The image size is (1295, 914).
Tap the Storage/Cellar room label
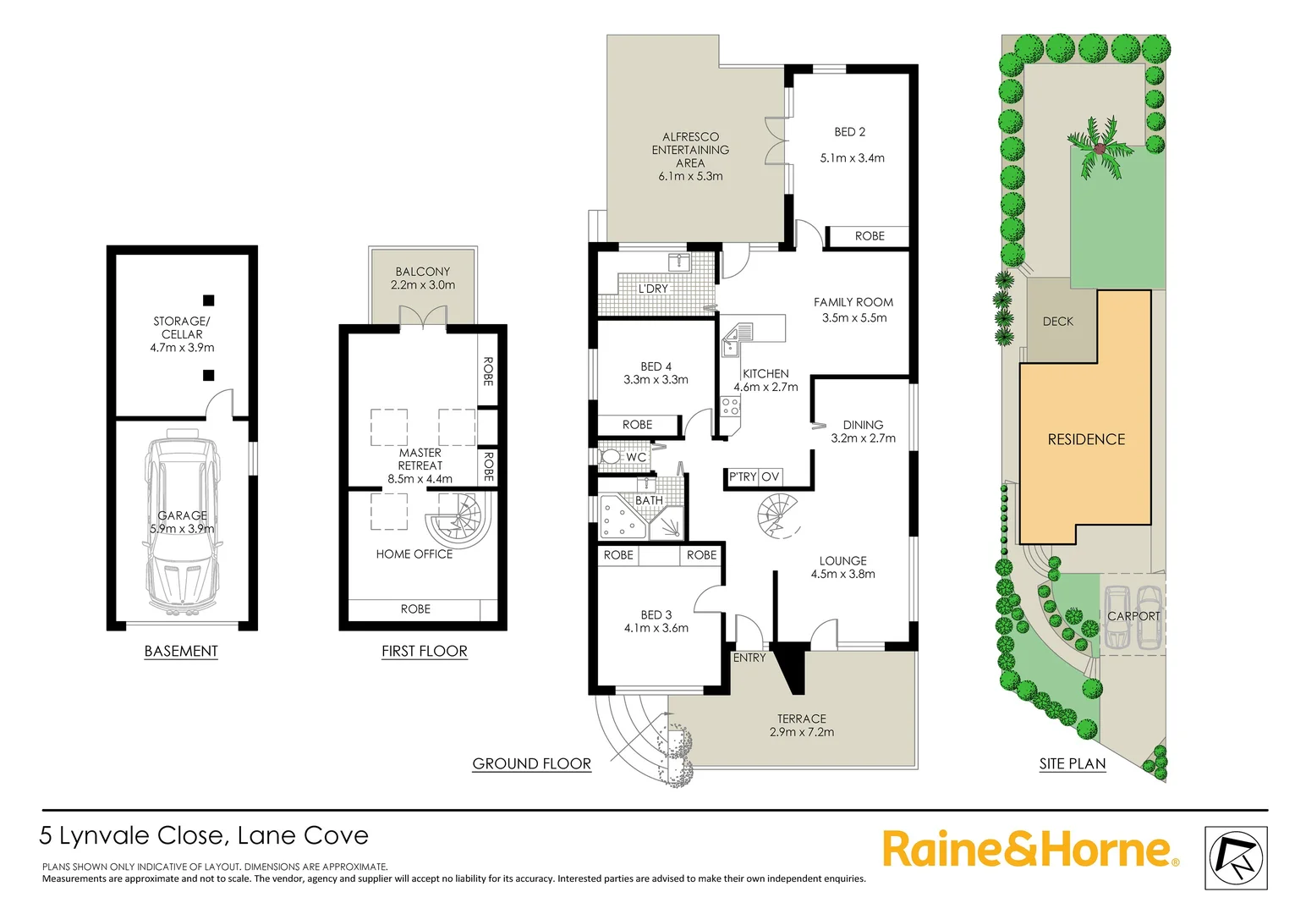(x=182, y=333)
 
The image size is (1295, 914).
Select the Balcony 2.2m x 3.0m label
(x=423, y=278)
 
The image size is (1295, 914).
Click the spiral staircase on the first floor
(x=458, y=519)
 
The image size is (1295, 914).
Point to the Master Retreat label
(x=420, y=465)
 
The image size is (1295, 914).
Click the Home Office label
(x=414, y=554)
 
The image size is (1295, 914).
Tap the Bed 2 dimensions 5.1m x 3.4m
(x=852, y=158)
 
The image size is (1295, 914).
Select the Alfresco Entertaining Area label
(x=690, y=156)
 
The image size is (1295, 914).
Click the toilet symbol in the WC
(x=611, y=456)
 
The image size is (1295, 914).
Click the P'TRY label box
(x=743, y=477)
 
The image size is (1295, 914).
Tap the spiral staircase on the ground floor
(x=779, y=515)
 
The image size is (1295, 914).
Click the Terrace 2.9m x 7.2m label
(x=802, y=725)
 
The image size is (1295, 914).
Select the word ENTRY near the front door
(x=749, y=658)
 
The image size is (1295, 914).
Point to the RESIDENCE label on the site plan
(x=1086, y=439)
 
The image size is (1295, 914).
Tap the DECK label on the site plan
(x=1057, y=322)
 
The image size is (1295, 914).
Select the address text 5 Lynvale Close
(x=132, y=836)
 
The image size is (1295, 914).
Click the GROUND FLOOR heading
(x=531, y=763)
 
